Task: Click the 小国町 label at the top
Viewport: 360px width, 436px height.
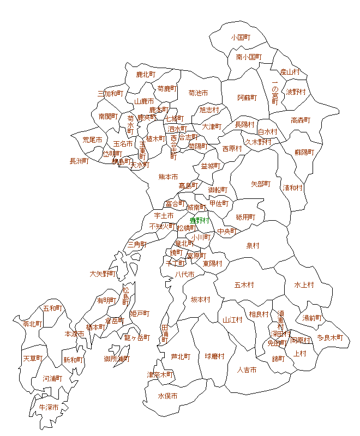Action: (240, 38)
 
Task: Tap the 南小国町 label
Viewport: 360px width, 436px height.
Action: (249, 57)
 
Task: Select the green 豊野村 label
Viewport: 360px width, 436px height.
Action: (199, 220)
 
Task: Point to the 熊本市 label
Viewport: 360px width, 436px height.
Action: (168, 177)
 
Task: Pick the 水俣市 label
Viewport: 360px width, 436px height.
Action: (167, 396)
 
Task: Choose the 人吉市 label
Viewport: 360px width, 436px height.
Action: (247, 370)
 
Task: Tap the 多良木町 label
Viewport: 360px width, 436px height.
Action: (330, 337)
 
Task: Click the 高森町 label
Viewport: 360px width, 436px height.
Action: (301, 120)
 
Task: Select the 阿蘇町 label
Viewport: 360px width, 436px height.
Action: (247, 98)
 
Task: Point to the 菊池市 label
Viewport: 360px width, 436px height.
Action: (198, 93)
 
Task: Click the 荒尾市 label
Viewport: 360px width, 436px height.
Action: (92, 140)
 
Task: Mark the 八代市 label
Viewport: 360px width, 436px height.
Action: (184, 274)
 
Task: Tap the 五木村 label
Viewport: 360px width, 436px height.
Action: (244, 284)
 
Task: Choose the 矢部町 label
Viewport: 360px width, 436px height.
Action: (261, 184)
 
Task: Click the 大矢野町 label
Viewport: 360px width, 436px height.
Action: (103, 274)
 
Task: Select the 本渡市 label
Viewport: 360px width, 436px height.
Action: (74, 334)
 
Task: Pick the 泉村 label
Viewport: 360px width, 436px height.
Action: (253, 246)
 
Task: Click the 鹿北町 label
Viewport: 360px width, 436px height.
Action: (146, 74)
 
